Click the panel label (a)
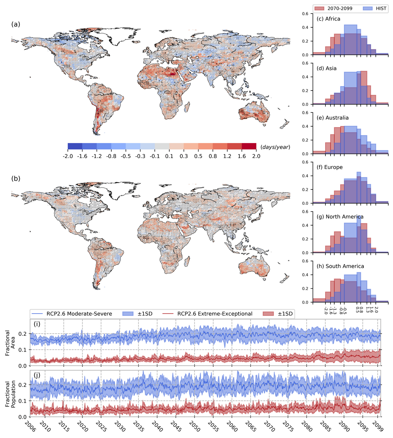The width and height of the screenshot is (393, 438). [x=16, y=24]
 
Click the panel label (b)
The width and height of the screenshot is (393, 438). [x=16, y=178]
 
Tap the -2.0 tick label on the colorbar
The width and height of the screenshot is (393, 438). [x=68, y=156]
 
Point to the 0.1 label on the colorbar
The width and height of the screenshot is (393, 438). [x=169, y=156]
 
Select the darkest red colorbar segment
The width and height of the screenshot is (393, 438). [x=249, y=146]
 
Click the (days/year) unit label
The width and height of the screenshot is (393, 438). [x=275, y=147]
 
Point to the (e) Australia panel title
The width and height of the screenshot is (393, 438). [x=332, y=118]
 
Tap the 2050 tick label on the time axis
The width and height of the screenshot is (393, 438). [x=192, y=426]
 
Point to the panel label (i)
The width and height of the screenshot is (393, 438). [x=37, y=323]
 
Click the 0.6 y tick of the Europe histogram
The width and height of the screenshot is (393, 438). [x=307, y=162]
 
